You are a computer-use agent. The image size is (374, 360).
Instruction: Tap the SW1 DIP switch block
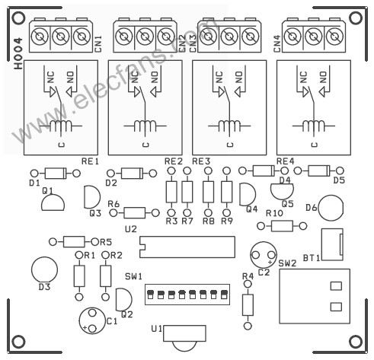click(x=187, y=295)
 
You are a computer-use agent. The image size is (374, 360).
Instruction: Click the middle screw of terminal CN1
click(x=61, y=37)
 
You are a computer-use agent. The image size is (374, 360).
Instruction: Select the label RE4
click(x=285, y=161)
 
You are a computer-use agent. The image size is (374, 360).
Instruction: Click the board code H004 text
click(x=18, y=54)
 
